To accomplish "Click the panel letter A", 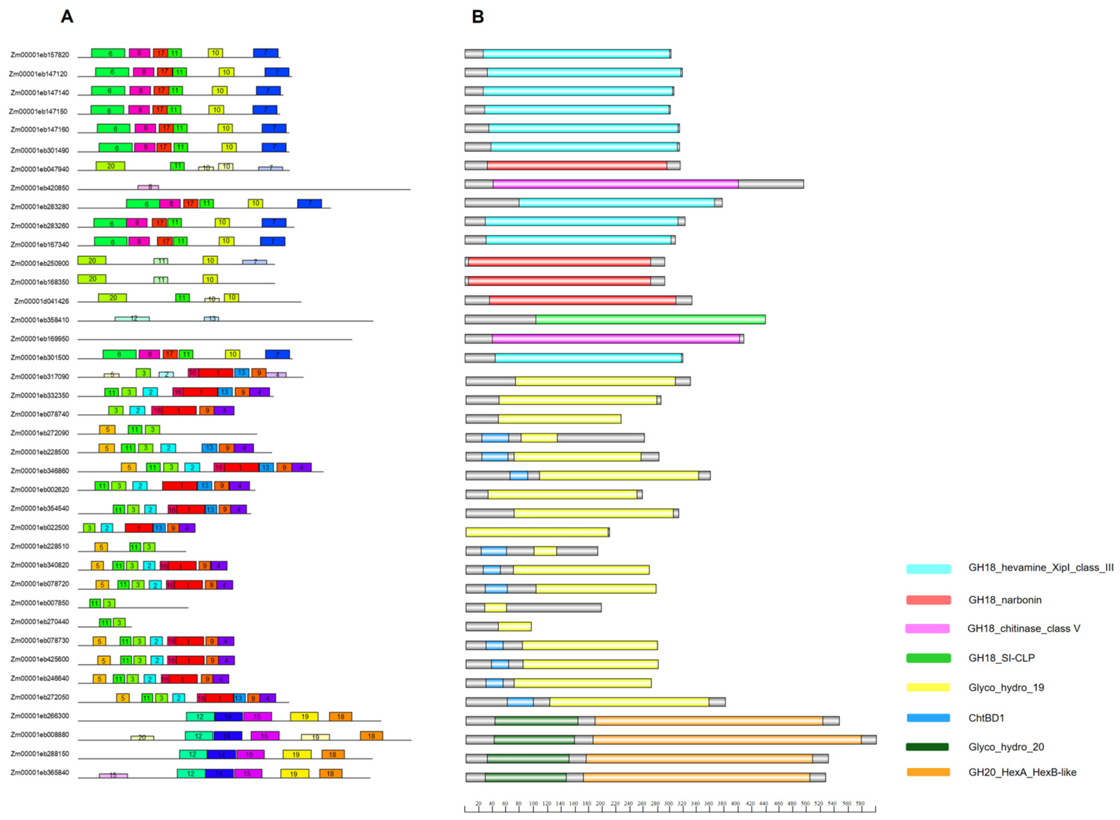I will click(67, 17).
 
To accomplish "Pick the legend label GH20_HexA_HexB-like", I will click(1022, 772).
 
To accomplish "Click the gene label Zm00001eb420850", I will click(40, 188).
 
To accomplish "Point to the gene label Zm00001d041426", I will click(41, 301).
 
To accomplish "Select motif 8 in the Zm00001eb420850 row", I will click(148, 187).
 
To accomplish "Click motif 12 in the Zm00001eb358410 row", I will click(132, 319).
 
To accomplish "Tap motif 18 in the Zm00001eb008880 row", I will click(371, 736).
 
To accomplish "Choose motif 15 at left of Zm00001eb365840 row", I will click(113, 775).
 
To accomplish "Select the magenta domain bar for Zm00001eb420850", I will click(615, 184).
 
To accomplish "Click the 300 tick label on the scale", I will click(668, 804).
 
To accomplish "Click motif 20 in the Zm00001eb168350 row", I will click(92, 279).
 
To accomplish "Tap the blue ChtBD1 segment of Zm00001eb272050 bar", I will click(520, 702).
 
